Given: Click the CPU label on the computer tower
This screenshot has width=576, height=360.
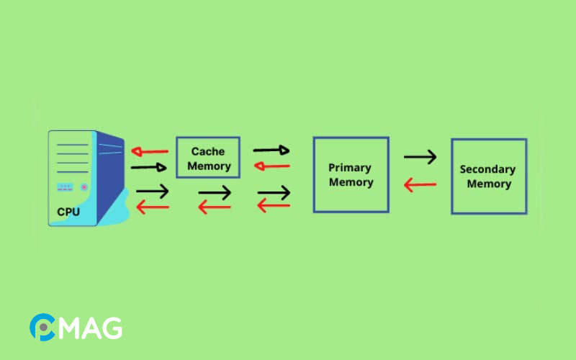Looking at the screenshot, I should [x=68, y=212].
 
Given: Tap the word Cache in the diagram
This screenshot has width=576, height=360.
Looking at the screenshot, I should [x=208, y=151].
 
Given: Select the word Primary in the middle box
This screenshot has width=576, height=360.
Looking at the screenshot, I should [x=350, y=168].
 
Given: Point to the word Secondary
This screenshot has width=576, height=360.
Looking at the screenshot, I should [x=487, y=170].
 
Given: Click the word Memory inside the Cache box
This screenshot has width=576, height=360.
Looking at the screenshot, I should [x=208, y=166].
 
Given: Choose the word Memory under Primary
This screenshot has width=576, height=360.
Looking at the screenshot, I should [x=351, y=182].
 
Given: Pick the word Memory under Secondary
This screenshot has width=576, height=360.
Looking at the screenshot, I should [x=489, y=184].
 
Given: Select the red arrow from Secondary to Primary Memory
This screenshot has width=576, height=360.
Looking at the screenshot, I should [x=420, y=186].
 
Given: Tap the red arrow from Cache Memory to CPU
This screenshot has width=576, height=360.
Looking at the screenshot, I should [x=150, y=152].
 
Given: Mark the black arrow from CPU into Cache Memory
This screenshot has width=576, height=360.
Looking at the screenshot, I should [x=150, y=168].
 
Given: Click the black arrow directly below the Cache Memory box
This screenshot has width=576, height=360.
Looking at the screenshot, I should [x=215, y=193].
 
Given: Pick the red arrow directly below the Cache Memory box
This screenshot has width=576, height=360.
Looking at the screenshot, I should [x=215, y=207].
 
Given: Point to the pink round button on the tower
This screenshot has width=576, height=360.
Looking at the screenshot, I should [x=84, y=187].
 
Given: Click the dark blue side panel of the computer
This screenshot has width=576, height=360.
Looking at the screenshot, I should [x=109, y=176].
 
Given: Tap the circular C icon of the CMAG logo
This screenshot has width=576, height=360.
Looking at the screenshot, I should [x=42, y=328].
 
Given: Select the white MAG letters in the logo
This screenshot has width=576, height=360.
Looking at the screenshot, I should [x=89, y=328].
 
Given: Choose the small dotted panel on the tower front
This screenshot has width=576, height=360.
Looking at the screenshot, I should [x=65, y=187].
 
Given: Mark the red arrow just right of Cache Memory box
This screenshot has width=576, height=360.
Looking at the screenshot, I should [x=271, y=166].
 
